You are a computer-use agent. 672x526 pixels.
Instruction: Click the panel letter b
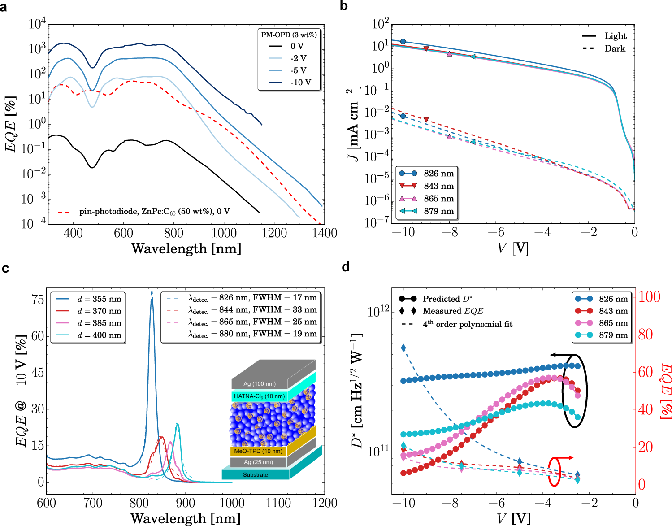click(x=344, y=6)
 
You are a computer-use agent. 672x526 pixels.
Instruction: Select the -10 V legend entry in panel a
click(x=300, y=83)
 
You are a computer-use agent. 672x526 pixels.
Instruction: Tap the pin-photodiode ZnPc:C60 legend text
click(x=154, y=211)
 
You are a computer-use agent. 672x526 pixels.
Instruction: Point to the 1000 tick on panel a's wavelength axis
click(x=224, y=233)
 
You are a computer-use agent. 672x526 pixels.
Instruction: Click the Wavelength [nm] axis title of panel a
click(x=186, y=248)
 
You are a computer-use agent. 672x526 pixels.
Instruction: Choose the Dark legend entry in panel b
click(x=615, y=48)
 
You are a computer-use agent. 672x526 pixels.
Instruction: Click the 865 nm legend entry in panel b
click(x=438, y=199)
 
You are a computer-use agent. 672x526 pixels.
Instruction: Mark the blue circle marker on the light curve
click(x=403, y=42)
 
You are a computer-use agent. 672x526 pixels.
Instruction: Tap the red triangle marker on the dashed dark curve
click(x=426, y=120)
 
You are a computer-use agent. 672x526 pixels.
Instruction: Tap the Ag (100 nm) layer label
click(x=260, y=384)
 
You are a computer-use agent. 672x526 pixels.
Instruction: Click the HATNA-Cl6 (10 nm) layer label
click(x=259, y=396)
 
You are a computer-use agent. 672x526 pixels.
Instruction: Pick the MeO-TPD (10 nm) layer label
click(x=258, y=451)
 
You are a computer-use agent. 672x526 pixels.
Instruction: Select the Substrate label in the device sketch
click(x=256, y=474)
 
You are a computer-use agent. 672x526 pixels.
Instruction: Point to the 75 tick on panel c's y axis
click(x=38, y=300)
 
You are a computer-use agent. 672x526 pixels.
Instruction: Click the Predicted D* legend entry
click(x=447, y=299)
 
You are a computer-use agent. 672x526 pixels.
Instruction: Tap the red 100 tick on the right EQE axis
click(x=649, y=296)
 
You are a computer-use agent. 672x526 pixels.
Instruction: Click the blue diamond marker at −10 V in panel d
click(x=403, y=348)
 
